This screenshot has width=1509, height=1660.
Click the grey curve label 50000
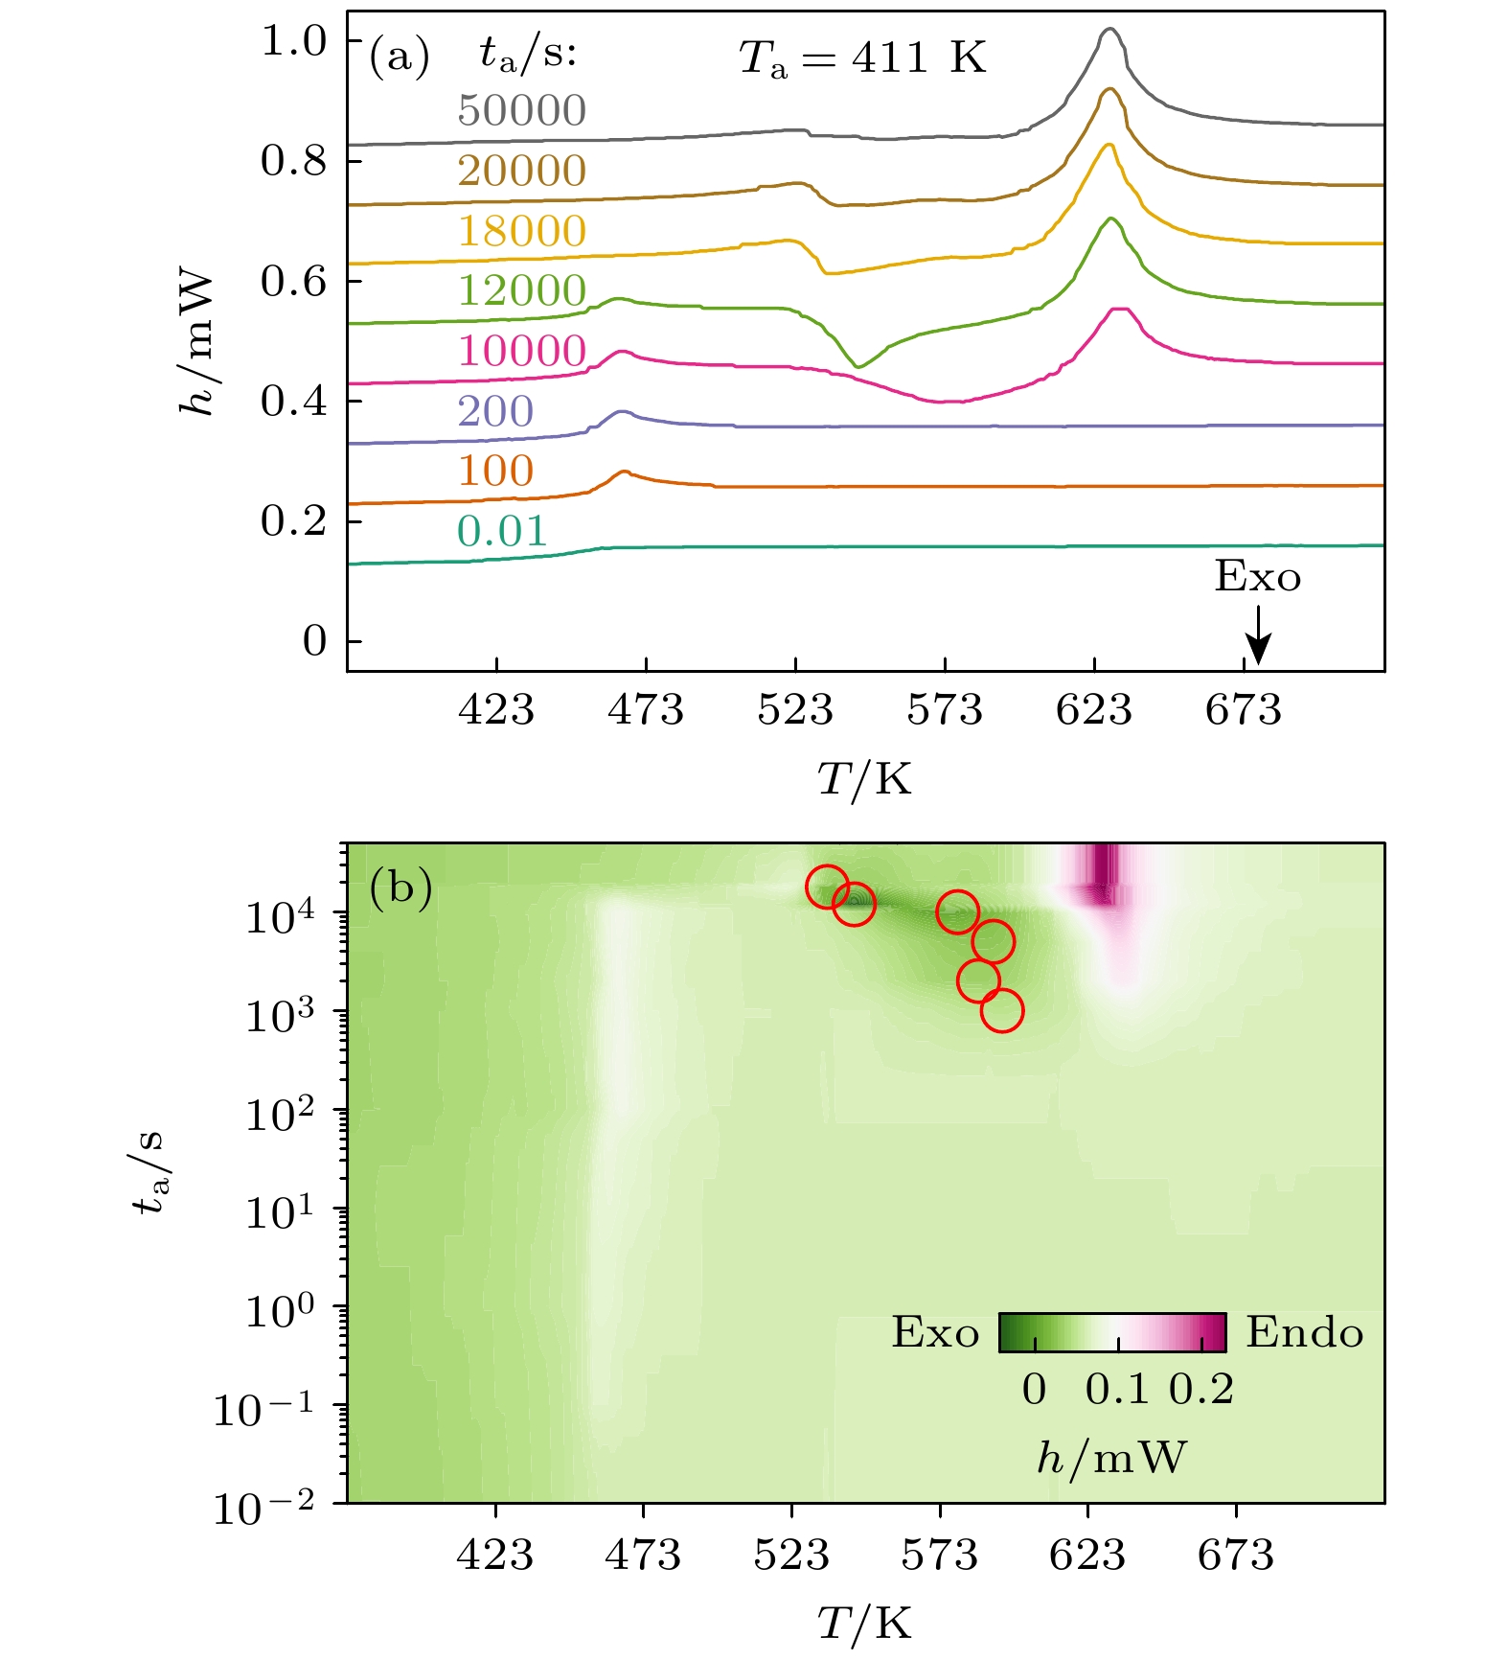521,111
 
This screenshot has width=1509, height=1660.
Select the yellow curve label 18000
521,231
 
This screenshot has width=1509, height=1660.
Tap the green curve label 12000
521,290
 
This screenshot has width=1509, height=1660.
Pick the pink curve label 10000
521,351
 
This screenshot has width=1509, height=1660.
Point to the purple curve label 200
494,411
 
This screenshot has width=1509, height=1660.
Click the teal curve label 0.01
501,531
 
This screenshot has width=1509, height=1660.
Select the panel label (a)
399,58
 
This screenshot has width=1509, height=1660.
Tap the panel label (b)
400,888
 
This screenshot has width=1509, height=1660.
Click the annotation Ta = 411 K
861,58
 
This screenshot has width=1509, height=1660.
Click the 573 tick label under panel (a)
945,711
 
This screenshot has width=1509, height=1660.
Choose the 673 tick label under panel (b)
1235,1555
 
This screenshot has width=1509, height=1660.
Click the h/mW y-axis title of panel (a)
196,343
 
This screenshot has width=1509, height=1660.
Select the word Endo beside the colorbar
1304,1333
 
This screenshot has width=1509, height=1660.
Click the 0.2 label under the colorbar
1201,1390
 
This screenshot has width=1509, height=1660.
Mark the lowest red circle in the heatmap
1002,1010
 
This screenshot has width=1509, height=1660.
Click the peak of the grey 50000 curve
1109,30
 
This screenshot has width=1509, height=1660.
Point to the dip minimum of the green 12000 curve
858,367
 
